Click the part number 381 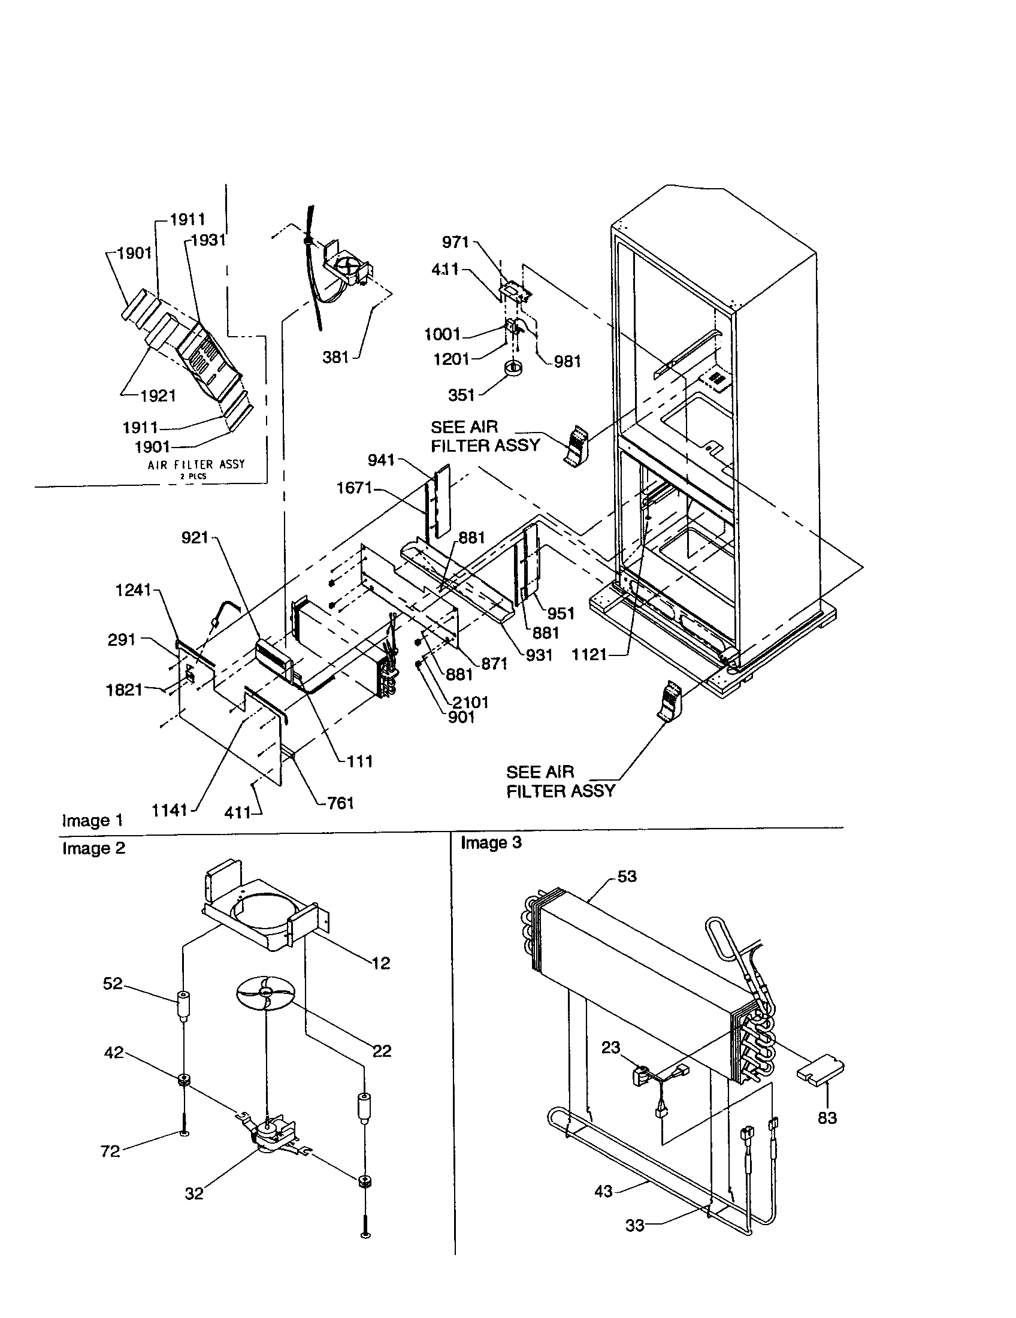coord(336,357)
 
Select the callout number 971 coord(455,242)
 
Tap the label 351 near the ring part coord(461,395)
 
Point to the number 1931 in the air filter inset coord(208,240)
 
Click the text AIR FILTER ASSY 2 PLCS coord(196,467)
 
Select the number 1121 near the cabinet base coord(589,654)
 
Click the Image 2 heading coord(93,848)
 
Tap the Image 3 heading coord(491,842)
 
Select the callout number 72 coord(110,1151)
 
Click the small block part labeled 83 coord(821,1074)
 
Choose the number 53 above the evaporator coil coord(627,876)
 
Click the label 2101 coord(471,702)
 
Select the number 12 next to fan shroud coord(380,963)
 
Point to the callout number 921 coord(194,537)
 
